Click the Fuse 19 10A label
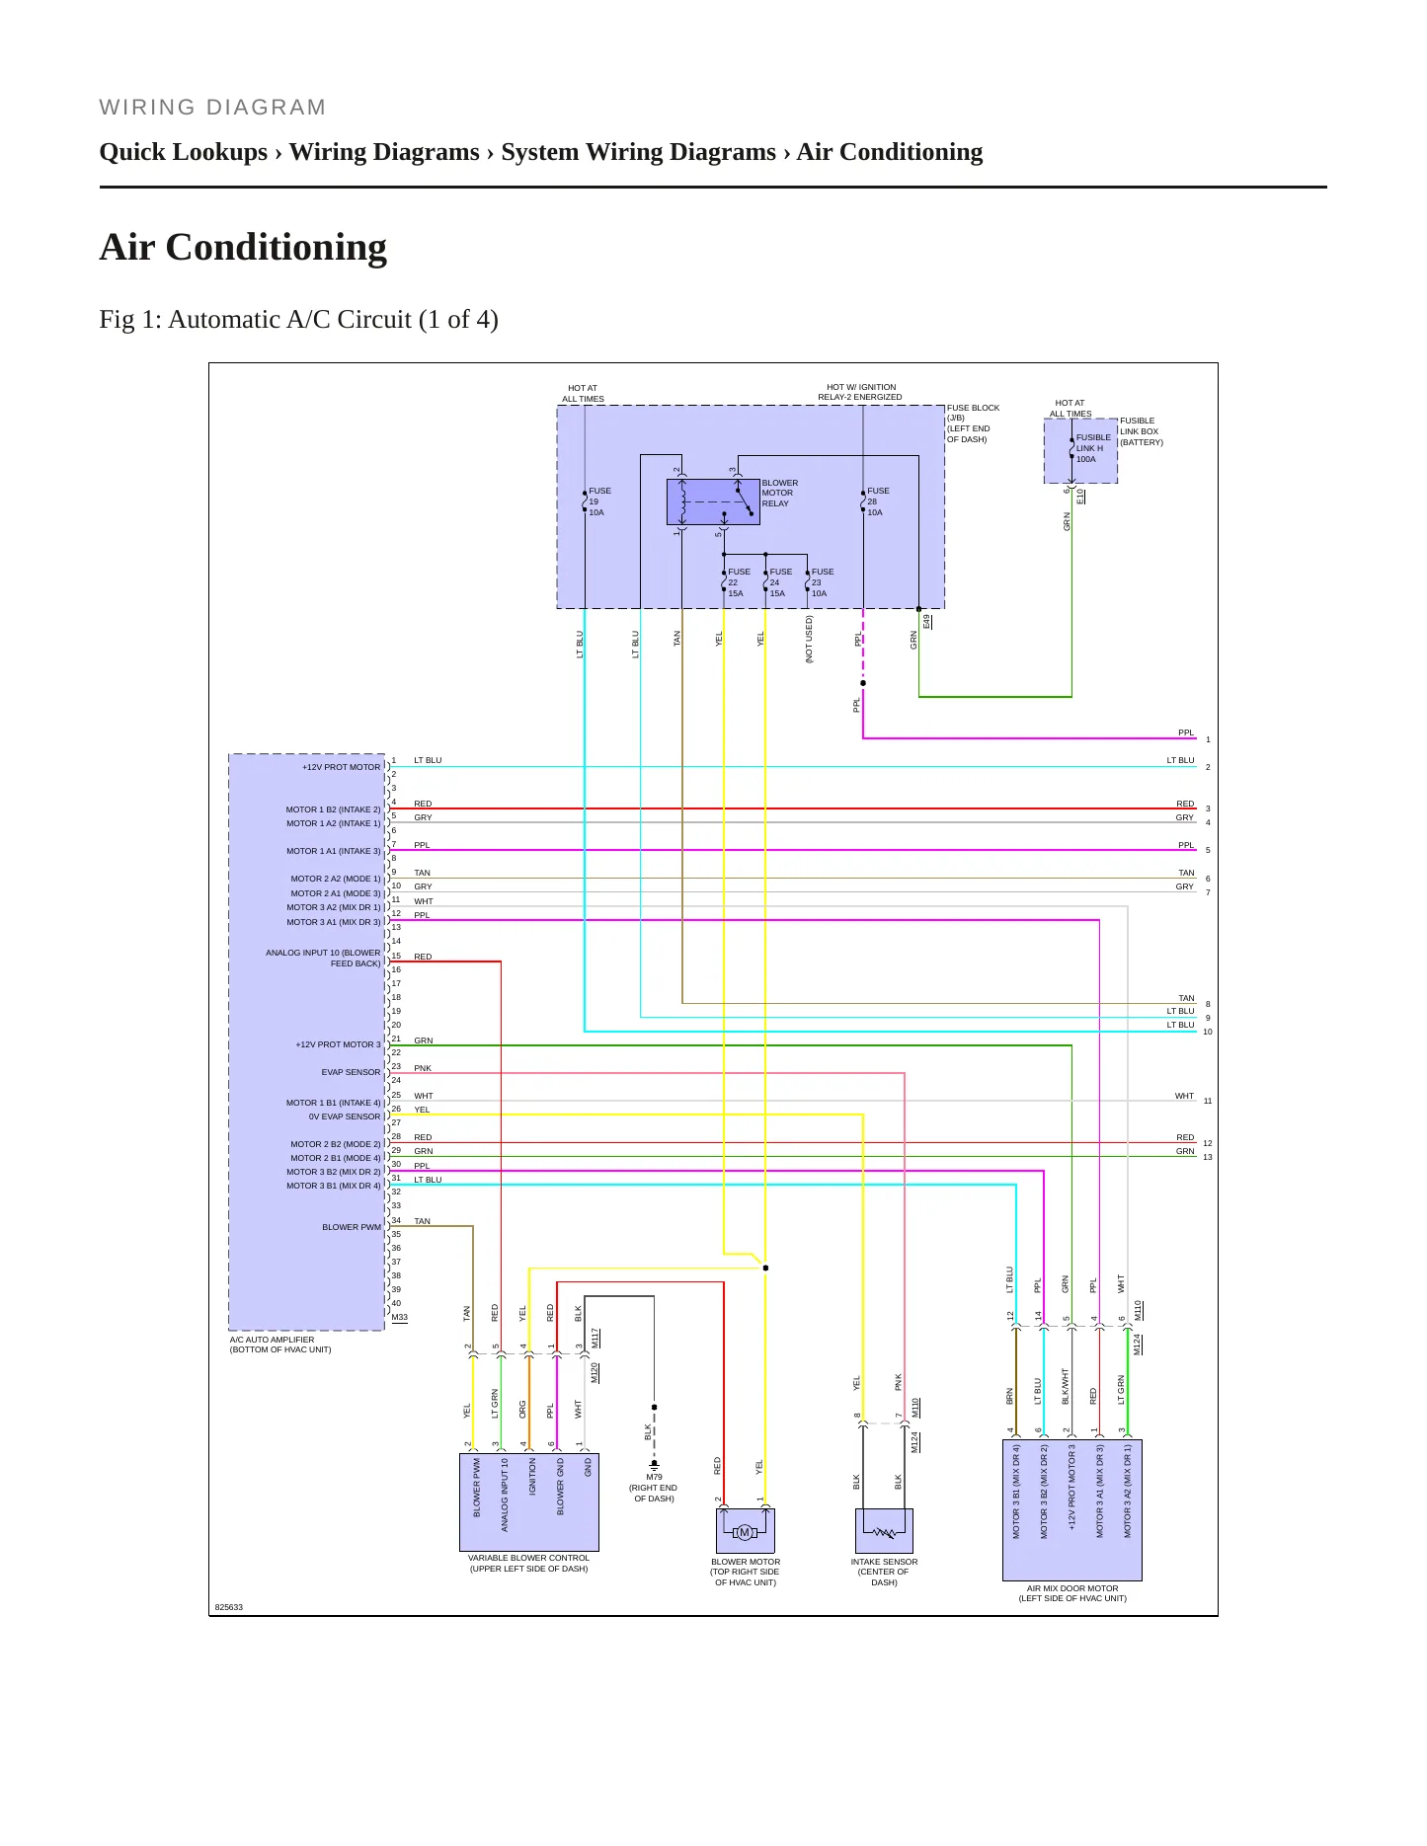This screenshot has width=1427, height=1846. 599,501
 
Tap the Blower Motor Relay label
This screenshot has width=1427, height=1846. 780,494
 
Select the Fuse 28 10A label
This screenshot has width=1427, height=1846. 878,501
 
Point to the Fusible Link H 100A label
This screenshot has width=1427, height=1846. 1093,448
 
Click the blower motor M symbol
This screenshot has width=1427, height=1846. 745,1532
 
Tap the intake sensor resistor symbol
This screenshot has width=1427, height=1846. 884,1533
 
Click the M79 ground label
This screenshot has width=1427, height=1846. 654,1488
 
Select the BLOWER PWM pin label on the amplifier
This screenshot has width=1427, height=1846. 352,1227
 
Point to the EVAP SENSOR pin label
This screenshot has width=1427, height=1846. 351,1072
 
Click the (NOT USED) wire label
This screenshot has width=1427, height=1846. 809,640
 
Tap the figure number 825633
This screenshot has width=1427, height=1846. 229,1607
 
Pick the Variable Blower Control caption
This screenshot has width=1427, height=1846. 528,1563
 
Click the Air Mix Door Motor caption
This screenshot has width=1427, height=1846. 1072,1593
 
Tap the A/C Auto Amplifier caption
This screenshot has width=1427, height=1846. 280,1345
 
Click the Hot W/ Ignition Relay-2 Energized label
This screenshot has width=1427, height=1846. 860,392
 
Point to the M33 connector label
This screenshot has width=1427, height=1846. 399,1317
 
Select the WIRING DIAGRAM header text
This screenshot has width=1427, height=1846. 212,108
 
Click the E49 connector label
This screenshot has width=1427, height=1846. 927,621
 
